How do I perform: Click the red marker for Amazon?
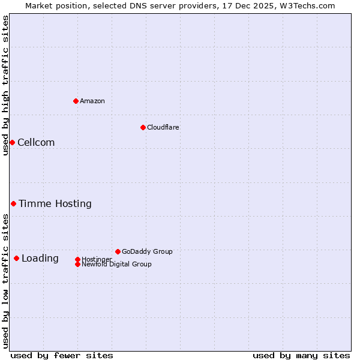point(76,101)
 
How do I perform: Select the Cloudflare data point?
point(143,127)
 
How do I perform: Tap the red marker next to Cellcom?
point(12,142)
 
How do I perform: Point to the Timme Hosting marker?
point(13,204)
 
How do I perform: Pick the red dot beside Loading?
point(16,259)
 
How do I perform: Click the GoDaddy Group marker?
point(118,251)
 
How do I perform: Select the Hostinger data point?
point(77,259)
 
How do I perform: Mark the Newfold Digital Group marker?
point(77,264)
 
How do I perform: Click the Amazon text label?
point(92,101)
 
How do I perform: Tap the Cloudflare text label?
point(163,127)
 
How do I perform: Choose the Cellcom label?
point(36,142)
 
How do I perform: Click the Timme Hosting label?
point(55,204)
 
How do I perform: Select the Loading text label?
point(40,259)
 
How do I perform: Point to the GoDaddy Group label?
point(147,251)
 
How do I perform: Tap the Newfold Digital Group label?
point(116,264)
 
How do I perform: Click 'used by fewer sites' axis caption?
point(62,355)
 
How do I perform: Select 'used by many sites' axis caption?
point(301,355)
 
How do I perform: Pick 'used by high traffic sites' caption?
point(5,85)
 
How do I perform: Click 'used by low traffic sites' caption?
point(5,281)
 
